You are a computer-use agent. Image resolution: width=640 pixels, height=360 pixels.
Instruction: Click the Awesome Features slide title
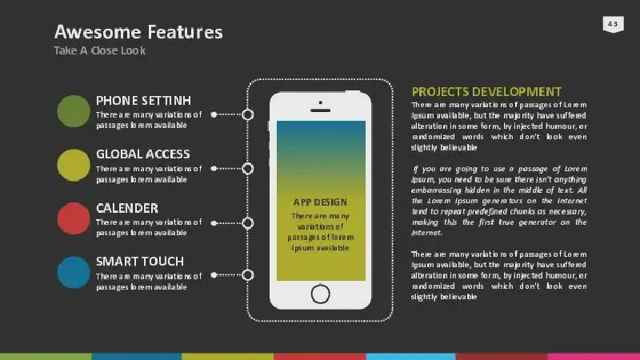click(138, 32)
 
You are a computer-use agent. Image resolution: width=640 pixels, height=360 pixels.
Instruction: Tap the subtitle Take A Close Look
click(99, 50)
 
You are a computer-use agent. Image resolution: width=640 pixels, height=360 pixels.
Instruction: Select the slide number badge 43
click(613, 24)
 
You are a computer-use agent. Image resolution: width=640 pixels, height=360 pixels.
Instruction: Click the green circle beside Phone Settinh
click(74, 111)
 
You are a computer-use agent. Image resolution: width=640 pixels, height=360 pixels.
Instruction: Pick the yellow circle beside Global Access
click(74, 165)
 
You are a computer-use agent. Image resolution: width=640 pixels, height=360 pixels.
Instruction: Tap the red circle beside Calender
click(74, 218)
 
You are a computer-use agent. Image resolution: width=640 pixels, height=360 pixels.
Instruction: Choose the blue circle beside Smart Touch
click(74, 272)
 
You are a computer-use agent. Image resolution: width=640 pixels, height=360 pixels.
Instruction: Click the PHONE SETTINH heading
click(143, 101)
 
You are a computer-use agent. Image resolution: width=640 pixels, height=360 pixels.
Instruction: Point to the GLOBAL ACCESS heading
click(143, 154)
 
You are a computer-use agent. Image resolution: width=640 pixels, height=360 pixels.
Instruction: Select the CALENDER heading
click(127, 208)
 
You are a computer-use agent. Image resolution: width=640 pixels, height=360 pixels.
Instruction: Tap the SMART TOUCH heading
click(140, 262)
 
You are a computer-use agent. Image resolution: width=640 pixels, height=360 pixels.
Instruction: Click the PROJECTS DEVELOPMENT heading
click(486, 92)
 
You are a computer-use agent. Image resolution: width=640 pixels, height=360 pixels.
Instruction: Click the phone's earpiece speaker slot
click(321, 110)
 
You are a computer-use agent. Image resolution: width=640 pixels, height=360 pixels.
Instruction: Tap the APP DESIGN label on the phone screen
click(320, 202)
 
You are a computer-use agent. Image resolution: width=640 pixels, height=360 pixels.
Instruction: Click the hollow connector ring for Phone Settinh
click(248, 114)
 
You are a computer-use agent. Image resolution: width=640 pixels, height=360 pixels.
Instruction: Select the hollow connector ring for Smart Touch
click(248, 275)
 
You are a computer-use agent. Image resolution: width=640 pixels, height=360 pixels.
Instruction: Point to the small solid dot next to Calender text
click(214, 223)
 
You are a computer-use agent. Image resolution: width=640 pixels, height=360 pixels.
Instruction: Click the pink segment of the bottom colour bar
click(594, 357)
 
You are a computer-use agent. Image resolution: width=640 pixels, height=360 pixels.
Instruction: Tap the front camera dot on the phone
click(321, 102)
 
